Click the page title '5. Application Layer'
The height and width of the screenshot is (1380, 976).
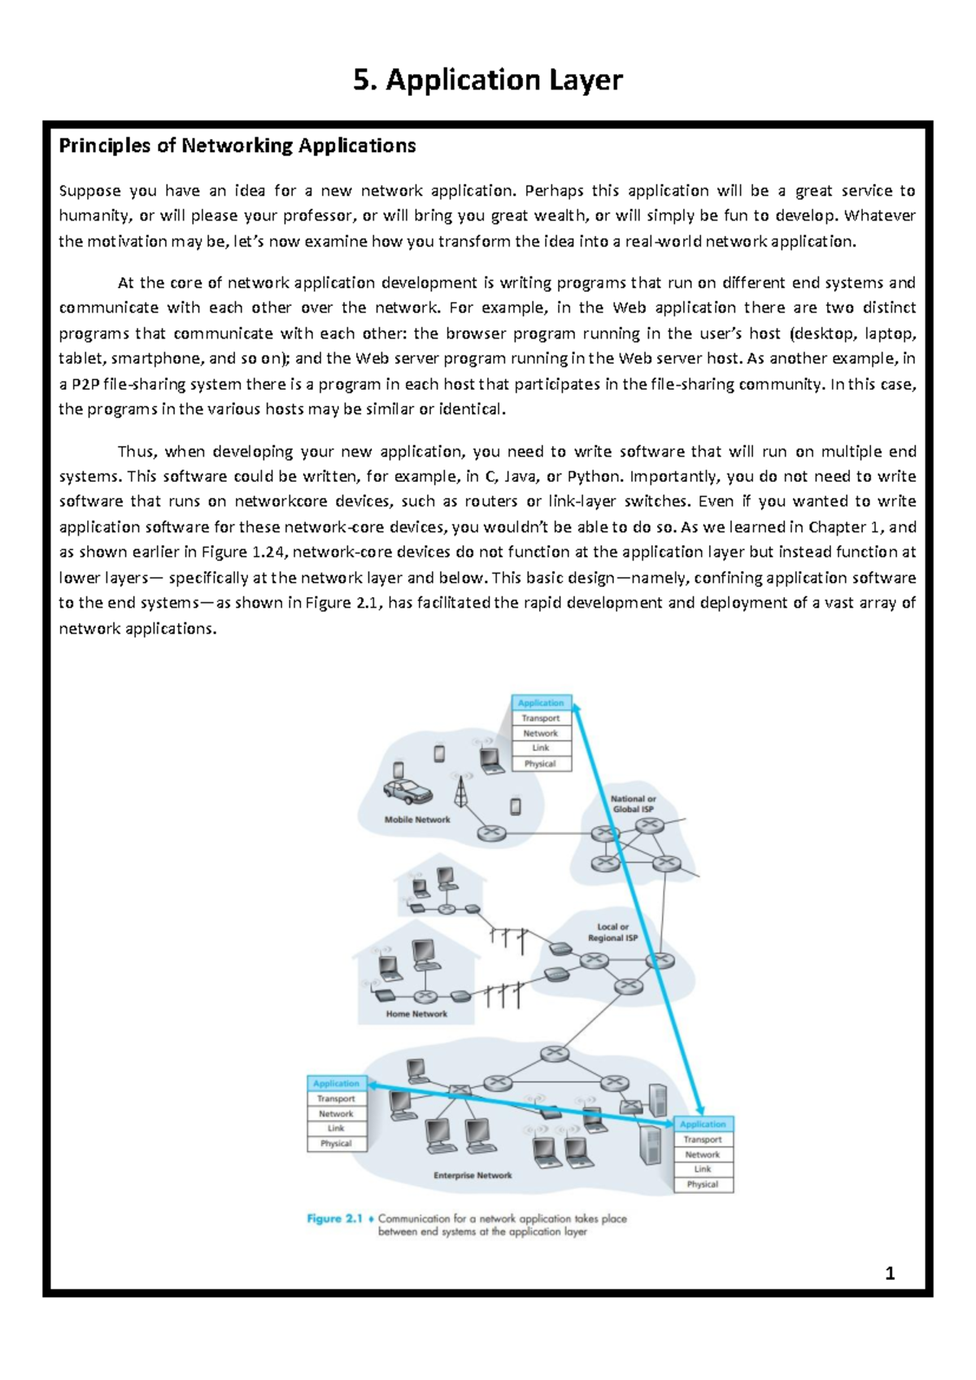[x=488, y=81]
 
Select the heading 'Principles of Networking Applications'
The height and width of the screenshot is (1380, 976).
[x=237, y=146]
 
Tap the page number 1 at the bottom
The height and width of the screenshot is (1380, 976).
[x=890, y=1273]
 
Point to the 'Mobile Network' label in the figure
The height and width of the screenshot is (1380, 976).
[x=416, y=819]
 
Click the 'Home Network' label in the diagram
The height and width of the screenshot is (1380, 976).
[x=416, y=1014]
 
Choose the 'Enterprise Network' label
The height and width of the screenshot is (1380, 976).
[x=473, y=1175]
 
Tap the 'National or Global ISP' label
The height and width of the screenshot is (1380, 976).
[x=634, y=804]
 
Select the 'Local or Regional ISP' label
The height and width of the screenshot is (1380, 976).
[x=612, y=932]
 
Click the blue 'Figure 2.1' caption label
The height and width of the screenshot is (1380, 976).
[x=334, y=1218]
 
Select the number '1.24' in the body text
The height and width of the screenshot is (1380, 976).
[x=269, y=552]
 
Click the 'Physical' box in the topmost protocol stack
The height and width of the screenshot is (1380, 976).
[x=540, y=764]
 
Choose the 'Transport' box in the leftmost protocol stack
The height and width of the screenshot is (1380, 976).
[x=336, y=1098]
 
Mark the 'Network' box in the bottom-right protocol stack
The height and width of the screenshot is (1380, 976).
[x=703, y=1155]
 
